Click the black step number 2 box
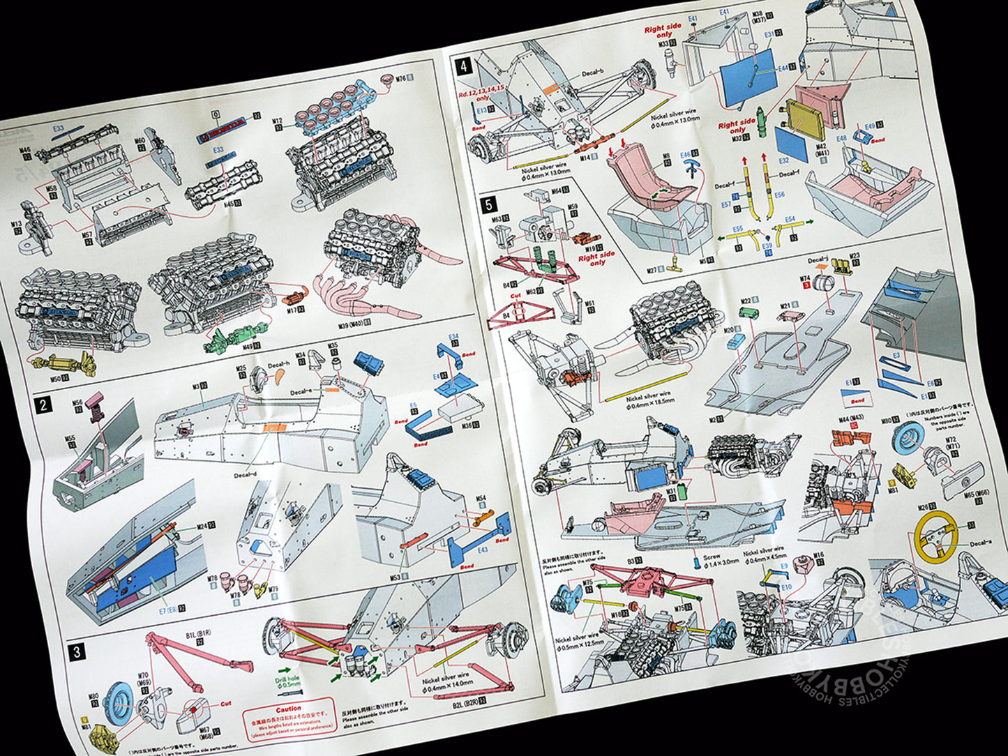(45, 405)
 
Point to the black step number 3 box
(77, 652)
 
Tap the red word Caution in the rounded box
(288, 709)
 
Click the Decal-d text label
(246, 476)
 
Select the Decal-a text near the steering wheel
(980, 543)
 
